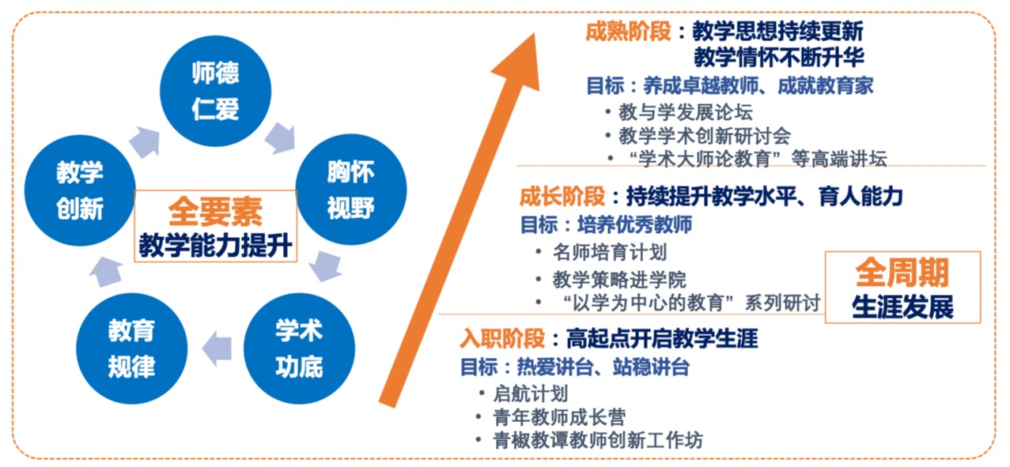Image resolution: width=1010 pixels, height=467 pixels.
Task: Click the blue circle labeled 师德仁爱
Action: tap(216, 91)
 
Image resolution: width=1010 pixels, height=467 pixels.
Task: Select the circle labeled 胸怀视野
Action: tap(351, 190)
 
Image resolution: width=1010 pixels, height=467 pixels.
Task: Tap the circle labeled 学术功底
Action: tap(300, 348)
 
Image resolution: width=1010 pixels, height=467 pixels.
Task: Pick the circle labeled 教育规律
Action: tap(131, 348)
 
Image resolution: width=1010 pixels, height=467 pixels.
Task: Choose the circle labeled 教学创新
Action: tap(80, 190)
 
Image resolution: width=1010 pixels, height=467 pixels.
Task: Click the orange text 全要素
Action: tap(216, 212)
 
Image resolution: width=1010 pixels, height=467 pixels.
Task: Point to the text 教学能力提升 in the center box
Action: tap(216, 246)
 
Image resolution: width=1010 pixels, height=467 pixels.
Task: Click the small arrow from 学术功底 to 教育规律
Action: tap(217, 348)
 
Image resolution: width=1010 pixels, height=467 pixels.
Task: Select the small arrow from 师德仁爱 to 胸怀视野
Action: tap(282, 137)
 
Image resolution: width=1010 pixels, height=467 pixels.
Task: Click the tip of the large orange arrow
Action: tap(535, 33)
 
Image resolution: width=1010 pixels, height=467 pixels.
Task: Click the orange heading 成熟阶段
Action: tap(628, 32)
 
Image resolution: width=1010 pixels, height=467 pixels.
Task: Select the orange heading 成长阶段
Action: tap(562, 196)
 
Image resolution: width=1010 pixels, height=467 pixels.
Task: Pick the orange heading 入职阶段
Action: tap(502, 339)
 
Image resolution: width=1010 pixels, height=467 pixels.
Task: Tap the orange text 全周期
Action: tap(902, 272)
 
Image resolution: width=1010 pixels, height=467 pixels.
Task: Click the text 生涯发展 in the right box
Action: tap(902, 307)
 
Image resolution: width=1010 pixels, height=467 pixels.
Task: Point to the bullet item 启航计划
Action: tap(530, 394)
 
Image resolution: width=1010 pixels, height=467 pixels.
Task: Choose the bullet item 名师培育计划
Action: tap(610, 252)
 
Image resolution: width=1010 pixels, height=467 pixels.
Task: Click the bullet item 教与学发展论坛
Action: tap(686, 112)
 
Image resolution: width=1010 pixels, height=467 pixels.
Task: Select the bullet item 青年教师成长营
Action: tap(559, 417)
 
